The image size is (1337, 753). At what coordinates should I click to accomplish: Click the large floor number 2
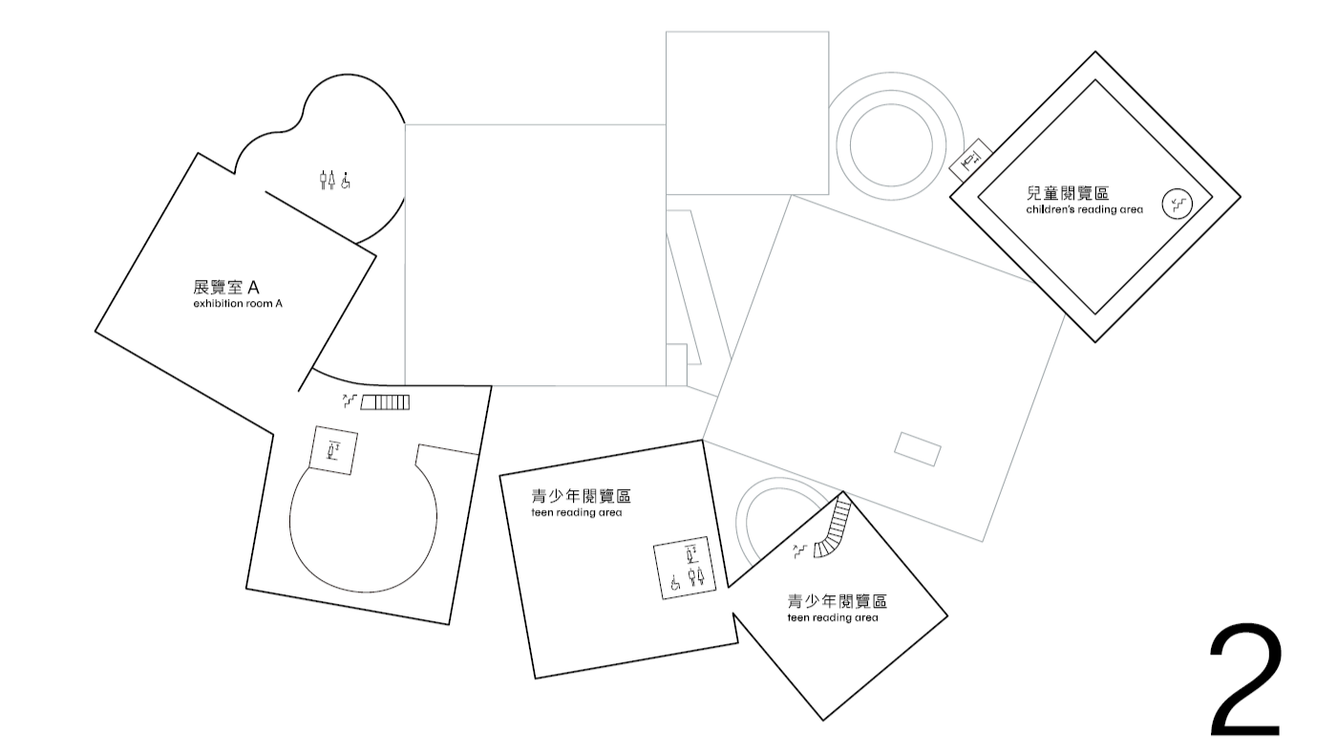1245,680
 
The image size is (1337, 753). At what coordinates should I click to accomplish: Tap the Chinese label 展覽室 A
225,288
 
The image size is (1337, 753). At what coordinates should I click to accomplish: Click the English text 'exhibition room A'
238,303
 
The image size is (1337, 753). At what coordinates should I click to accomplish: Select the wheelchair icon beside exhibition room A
346,181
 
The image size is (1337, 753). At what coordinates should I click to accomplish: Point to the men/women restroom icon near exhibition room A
327,180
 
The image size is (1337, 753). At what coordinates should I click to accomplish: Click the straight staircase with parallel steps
385,402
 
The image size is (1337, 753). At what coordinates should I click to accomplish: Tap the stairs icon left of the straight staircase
350,400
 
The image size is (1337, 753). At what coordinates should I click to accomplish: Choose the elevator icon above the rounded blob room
333,450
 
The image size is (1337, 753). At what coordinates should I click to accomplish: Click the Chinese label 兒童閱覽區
1068,193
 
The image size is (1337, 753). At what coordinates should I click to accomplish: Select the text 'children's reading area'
1085,209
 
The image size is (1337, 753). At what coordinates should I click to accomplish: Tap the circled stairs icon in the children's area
1177,204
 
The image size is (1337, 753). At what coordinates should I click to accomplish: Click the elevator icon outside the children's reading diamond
971,159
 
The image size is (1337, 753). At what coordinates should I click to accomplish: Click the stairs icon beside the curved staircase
800,551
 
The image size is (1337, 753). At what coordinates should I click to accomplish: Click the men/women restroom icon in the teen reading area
696,577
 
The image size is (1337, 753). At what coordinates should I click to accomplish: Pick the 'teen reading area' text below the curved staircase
833,617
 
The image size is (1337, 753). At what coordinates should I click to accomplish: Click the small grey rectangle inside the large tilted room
918,449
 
